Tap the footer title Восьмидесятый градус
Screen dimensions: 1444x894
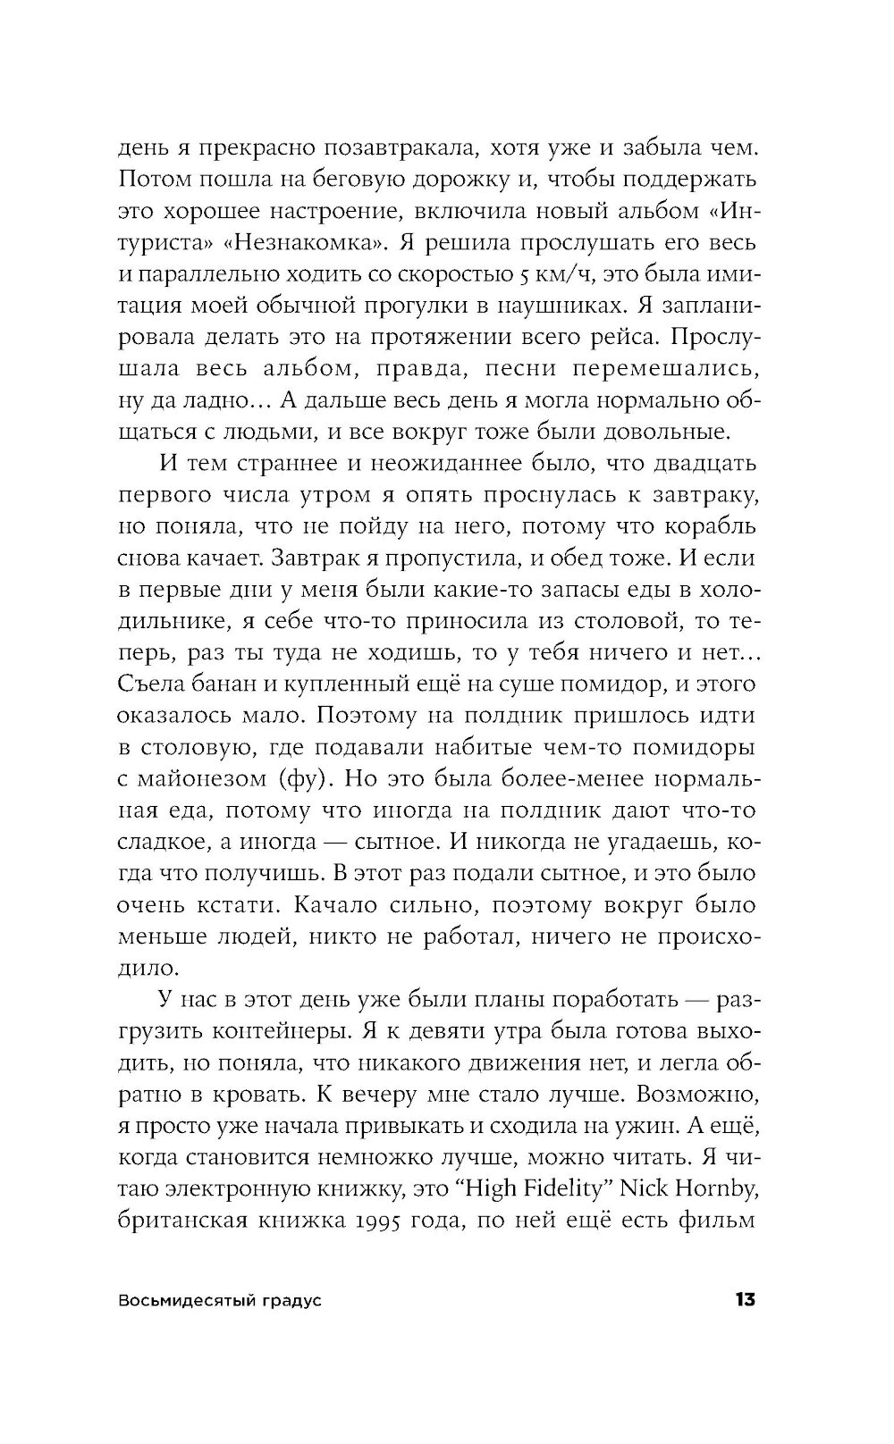pyautogui.click(x=220, y=1301)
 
